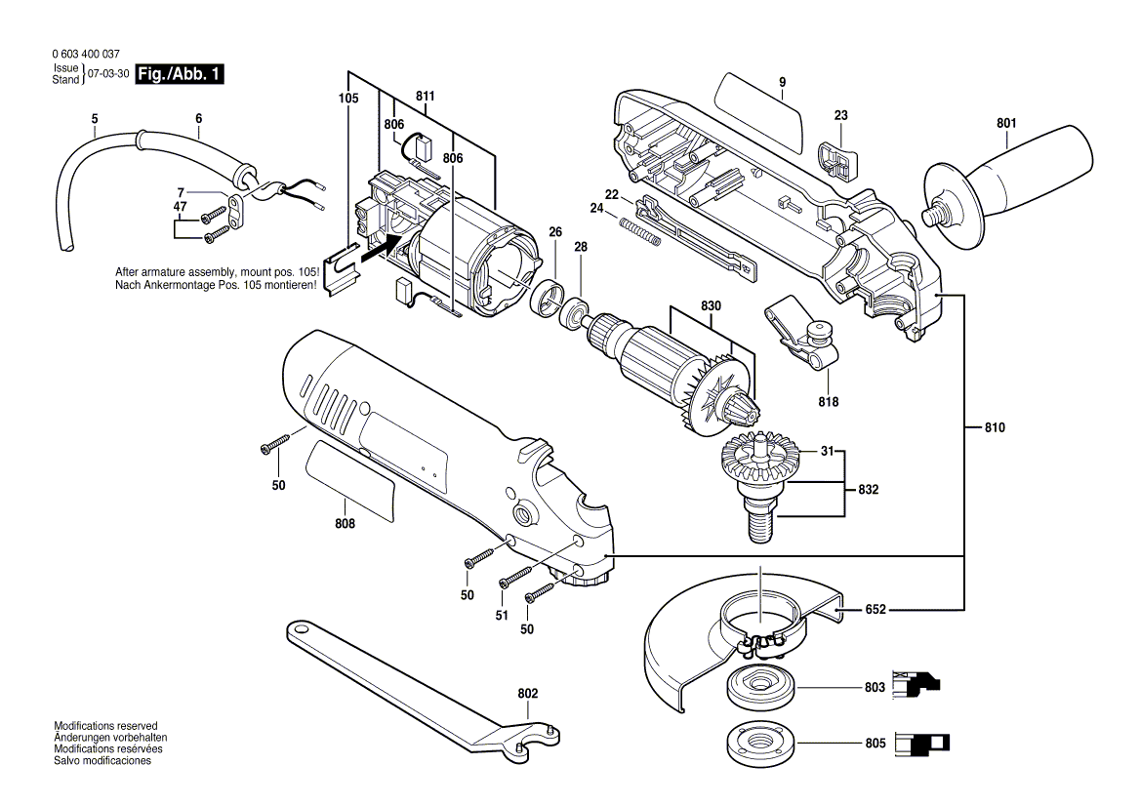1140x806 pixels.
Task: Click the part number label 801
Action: tap(1006, 124)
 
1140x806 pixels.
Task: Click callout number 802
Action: tap(527, 694)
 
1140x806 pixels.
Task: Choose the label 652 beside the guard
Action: tap(875, 610)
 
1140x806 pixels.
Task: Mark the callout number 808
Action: tap(345, 524)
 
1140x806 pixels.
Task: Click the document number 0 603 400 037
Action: tap(84, 55)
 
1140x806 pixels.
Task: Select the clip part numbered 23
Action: tap(835, 157)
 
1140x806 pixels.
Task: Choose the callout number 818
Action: tap(829, 401)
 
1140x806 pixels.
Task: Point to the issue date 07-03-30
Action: tap(107, 74)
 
